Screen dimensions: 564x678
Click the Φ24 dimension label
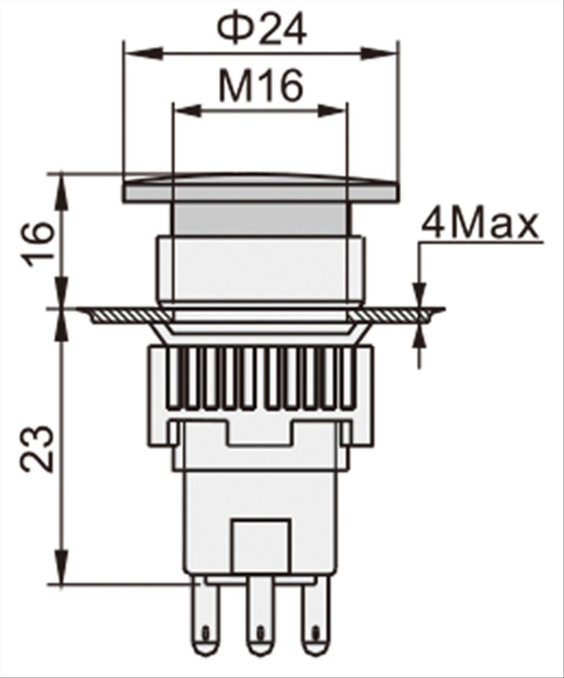coord(262,30)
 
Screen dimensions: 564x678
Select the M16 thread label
coord(261,86)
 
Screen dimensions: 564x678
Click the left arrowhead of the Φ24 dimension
coord(144,53)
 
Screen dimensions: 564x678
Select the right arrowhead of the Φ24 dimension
coord(379,53)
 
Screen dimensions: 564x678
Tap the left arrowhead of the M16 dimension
coord(187,111)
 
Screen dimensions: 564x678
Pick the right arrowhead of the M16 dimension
coord(331,111)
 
